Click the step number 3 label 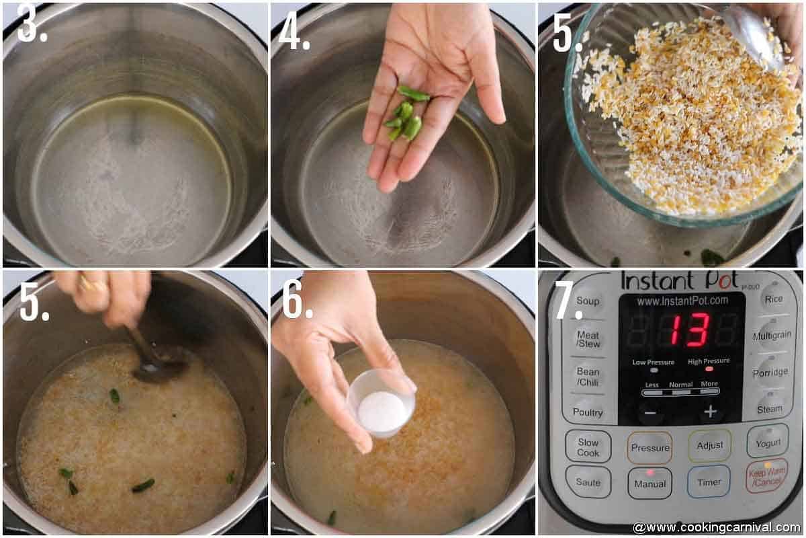[32, 26]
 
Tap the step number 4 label [294, 32]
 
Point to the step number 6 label [297, 303]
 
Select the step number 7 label [568, 303]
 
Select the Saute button [588, 482]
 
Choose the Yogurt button [768, 443]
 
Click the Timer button [709, 482]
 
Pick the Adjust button [709, 445]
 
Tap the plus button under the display [710, 412]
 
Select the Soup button [587, 301]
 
